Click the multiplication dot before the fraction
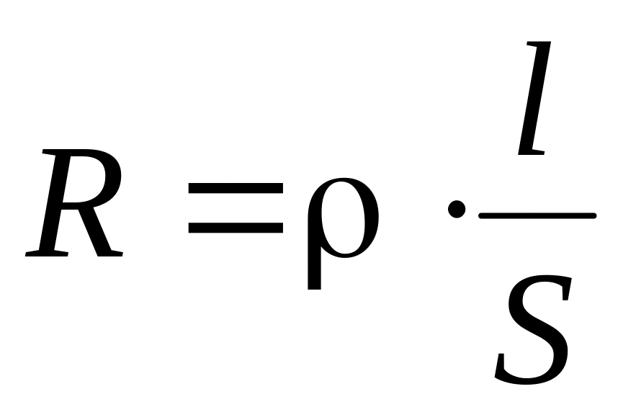pos(455,210)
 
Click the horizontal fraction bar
pos(537,215)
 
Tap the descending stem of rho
pos(314,270)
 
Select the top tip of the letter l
pos(542,45)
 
